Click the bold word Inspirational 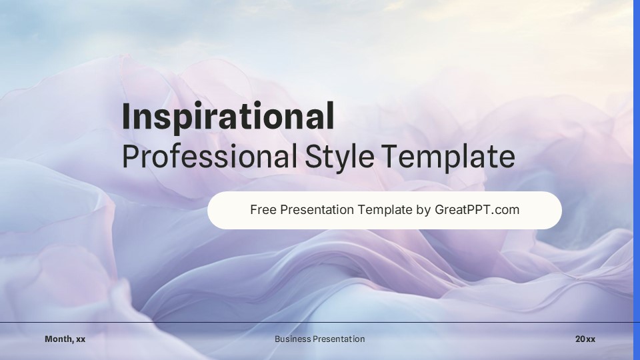pyautogui.click(x=228, y=117)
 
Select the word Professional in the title pyautogui.click(x=209, y=157)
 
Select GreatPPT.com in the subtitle pyautogui.click(x=477, y=210)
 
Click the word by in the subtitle pyautogui.click(x=423, y=210)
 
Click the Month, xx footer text pyautogui.click(x=65, y=339)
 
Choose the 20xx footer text pyautogui.click(x=585, y=339)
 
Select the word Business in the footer pyautogui.click(x=292, y=339)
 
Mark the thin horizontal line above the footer pyautogui.click(x=200, y=323)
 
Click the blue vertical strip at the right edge pyautogui.click(x=636, y=180)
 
